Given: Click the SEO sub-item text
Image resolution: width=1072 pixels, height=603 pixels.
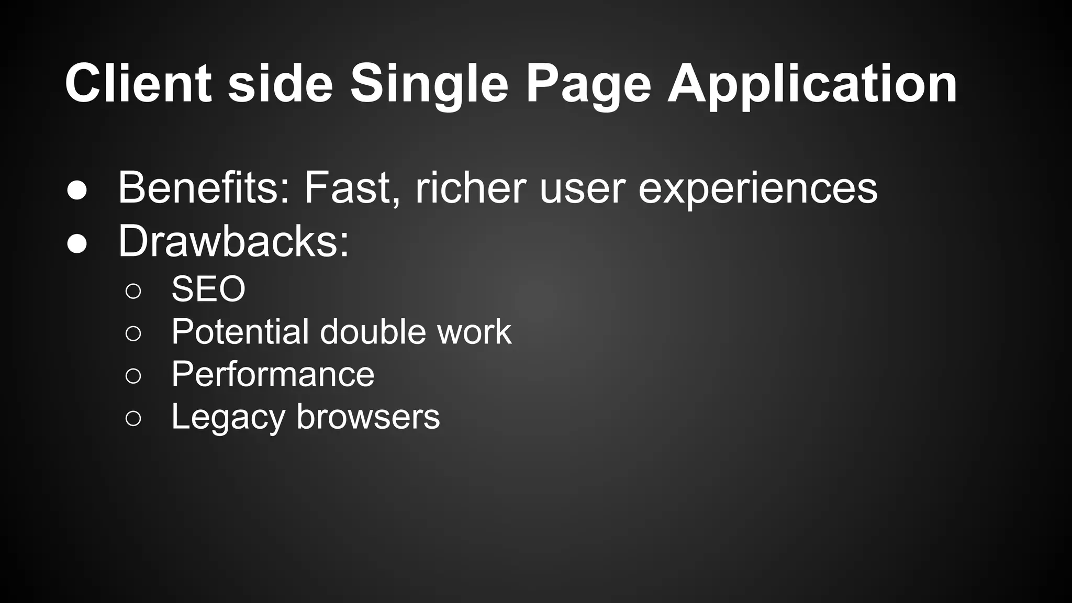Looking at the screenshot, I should point(208,289).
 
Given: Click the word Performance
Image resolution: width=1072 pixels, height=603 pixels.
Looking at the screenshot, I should point(273,374).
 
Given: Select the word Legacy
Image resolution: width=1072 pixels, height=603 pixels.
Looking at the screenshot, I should point(228,418).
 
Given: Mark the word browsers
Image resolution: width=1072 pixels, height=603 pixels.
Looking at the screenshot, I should point(368,417).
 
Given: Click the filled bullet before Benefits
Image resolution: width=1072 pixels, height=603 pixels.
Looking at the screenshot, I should point(77,191).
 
